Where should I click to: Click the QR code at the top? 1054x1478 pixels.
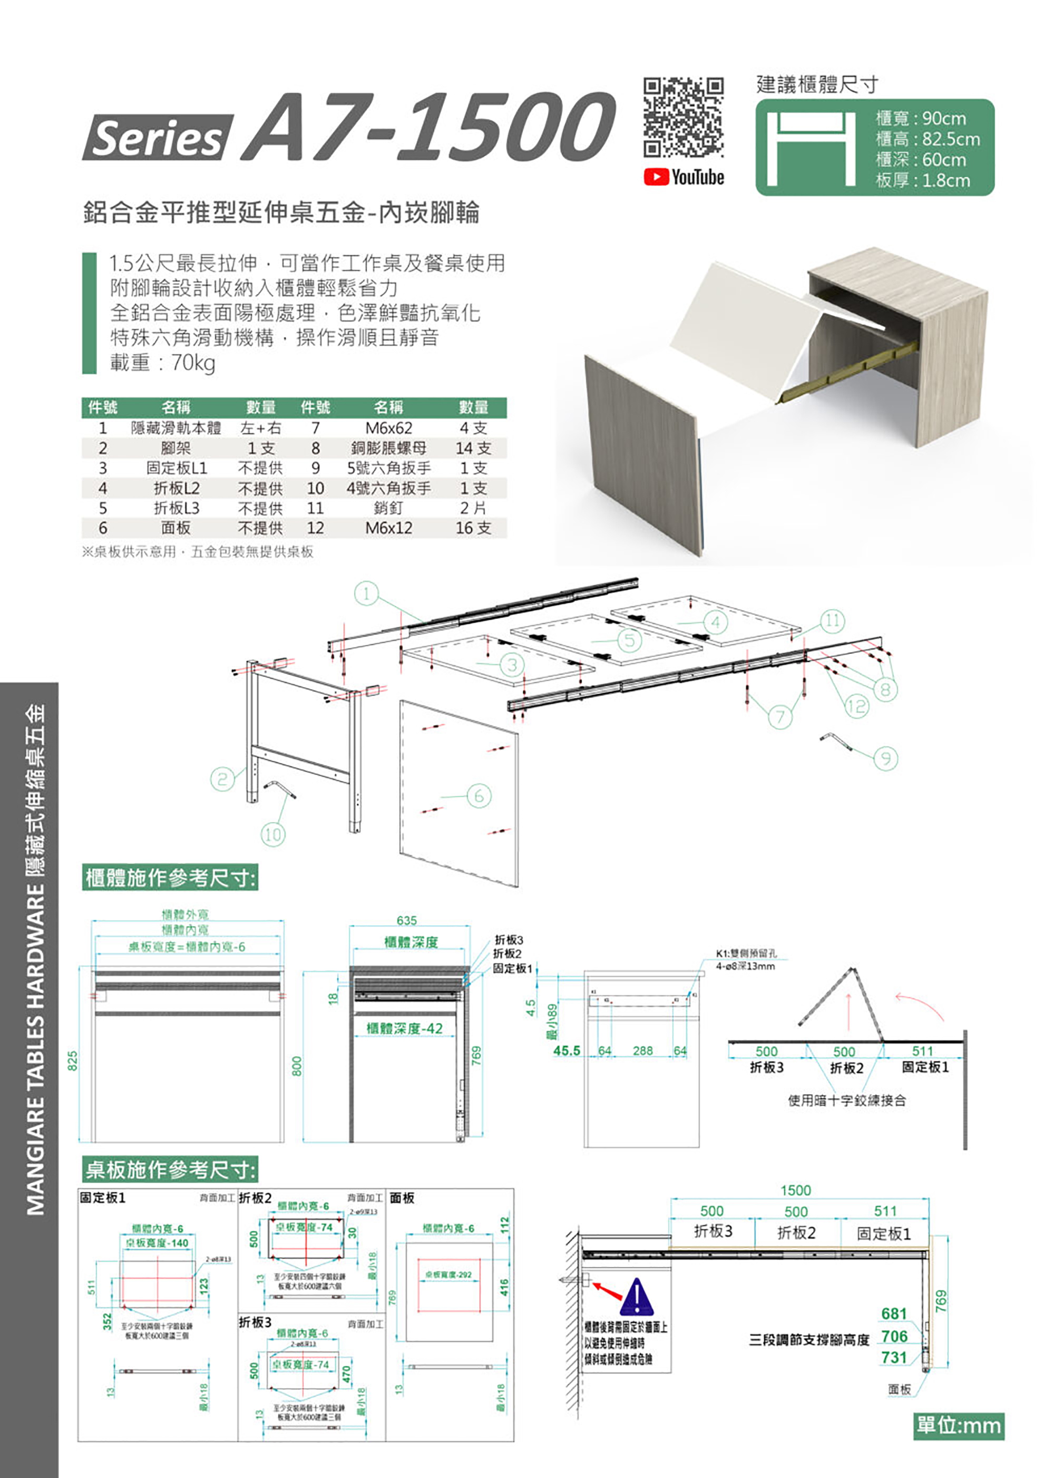pyautogui.click(x=684, y=117)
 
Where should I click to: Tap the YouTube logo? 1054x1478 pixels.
pyautogui.click(x=684, y=177)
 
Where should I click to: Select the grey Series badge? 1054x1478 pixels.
pyautogui.click(x=157, y=138)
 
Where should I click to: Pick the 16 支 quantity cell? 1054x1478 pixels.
pyautogui.click(x=473, y=528)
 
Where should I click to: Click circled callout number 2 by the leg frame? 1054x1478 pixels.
pyautogui.click(x=222, y=779)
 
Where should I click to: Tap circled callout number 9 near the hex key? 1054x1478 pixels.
pyautogui.click(x=885, y=758)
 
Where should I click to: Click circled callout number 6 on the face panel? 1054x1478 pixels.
pyautogui.click(x=479, y=795)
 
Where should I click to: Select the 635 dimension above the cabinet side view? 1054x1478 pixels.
pyautogui.click(x=407, y=920)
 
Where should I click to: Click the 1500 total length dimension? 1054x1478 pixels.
pyautogui.click(x=796, y=1190)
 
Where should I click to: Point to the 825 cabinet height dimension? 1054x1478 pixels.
pyautogui.click(x=73, y=1060)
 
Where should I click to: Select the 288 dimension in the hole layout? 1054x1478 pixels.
pyautogui.click(x=642, y=1051)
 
